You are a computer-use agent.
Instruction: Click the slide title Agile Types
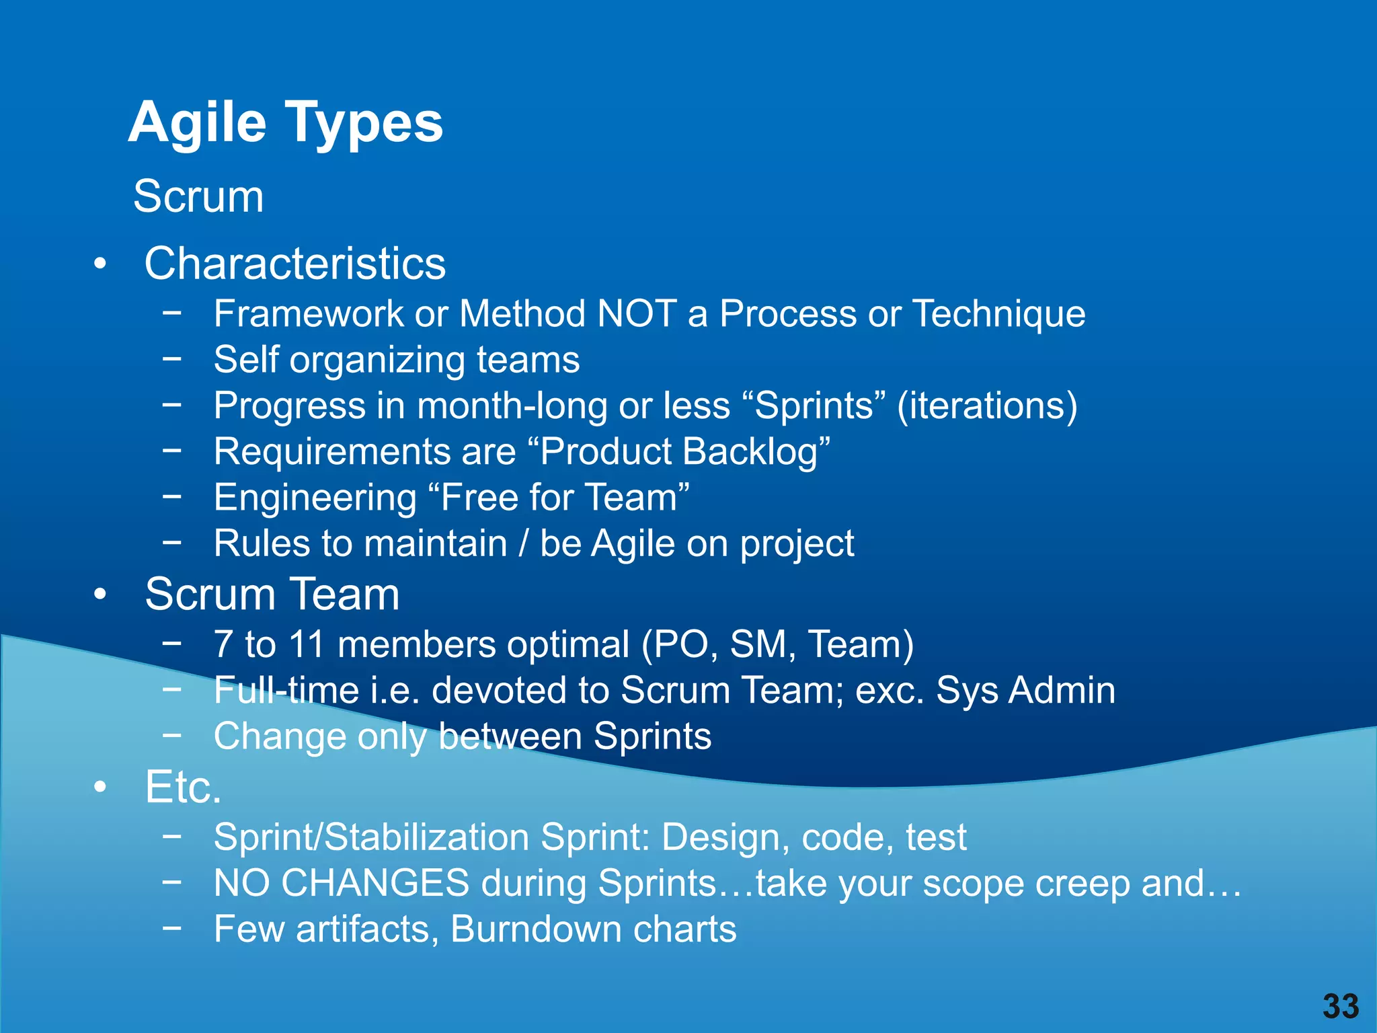286,122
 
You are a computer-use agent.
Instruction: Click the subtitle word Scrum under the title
198,196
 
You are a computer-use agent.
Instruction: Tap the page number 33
1341,1007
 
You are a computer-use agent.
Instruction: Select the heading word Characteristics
295,263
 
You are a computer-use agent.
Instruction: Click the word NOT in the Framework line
637,314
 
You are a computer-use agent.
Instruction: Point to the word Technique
999,314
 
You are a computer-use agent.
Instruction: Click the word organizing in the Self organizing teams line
377,360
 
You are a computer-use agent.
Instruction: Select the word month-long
512,406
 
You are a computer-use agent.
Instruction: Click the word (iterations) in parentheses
987,406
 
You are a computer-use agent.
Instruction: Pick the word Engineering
315,498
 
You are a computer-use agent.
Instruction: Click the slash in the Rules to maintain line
523,544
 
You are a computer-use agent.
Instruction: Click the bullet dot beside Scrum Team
100,595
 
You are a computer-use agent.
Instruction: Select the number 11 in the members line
307,644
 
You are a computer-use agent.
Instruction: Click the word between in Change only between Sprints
510,736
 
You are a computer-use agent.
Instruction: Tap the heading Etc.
183,787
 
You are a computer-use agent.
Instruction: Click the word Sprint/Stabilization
371,838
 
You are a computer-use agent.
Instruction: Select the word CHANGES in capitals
375,883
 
